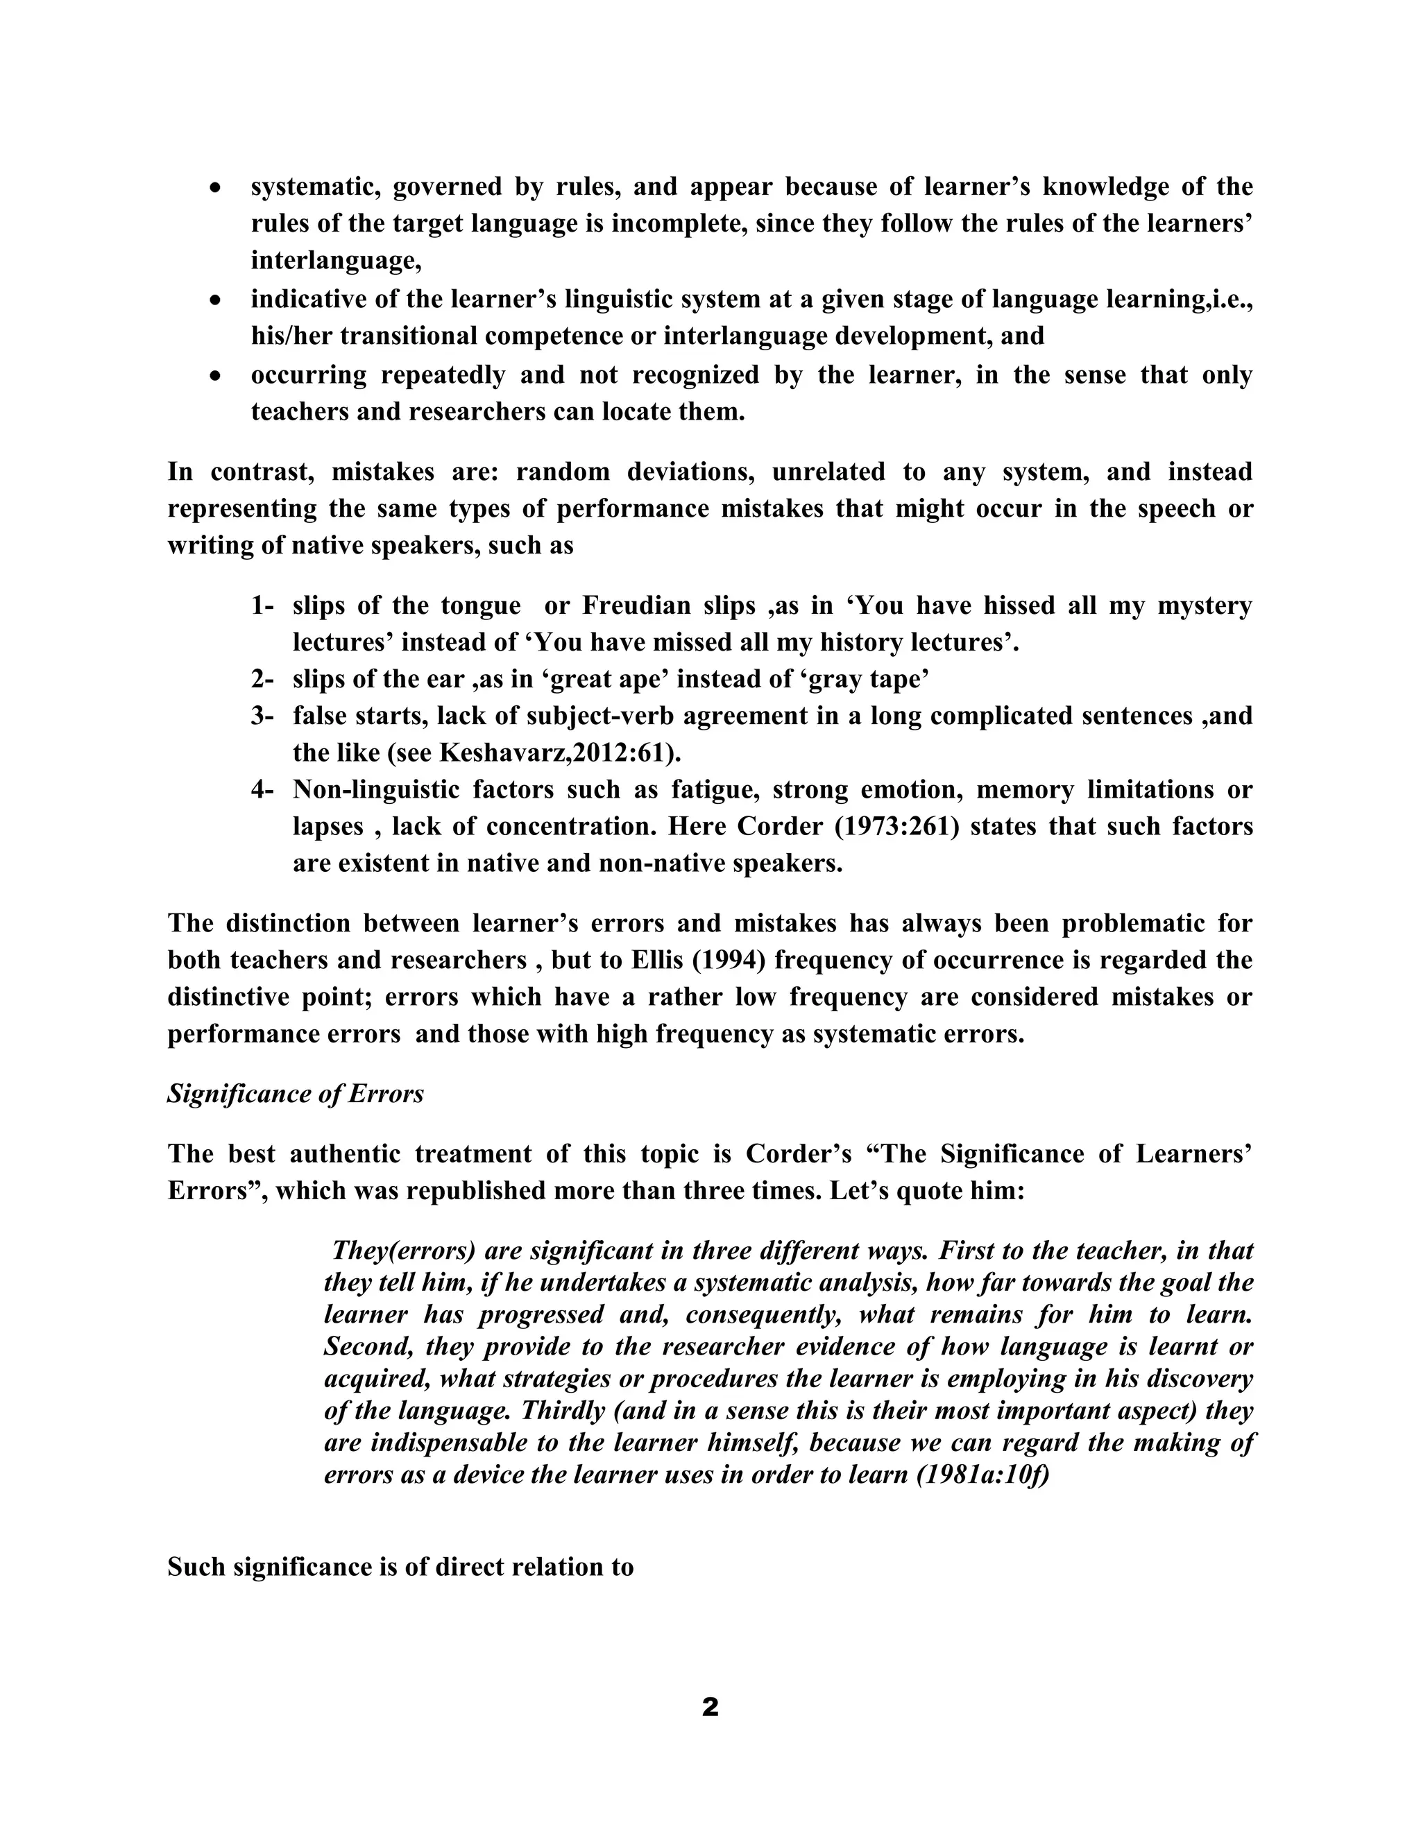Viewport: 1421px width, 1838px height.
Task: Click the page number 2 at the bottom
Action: pos(710,1708)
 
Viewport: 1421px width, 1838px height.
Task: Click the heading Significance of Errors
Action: pos(296,1094)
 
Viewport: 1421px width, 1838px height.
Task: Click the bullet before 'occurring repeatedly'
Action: pos(216,376)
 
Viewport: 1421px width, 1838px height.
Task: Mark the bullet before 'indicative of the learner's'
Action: pos(216,300)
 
